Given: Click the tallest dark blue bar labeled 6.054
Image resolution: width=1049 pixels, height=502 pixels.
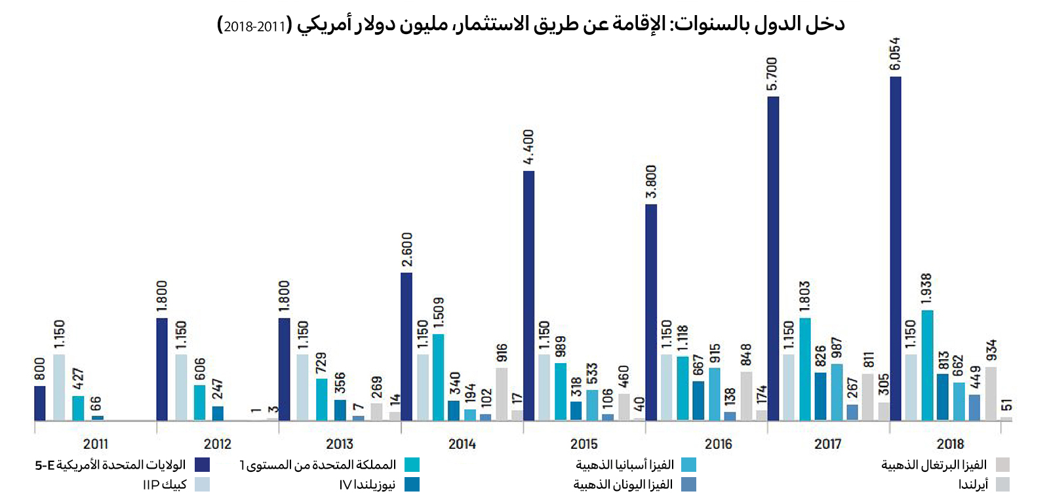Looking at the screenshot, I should click(895, 249).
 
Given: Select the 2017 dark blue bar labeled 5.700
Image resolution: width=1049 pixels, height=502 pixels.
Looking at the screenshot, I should click(773, 259).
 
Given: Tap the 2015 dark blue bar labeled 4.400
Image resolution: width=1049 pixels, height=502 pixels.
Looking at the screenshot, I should click(528, 295).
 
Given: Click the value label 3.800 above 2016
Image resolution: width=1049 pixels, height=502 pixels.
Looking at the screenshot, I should click(651, 182).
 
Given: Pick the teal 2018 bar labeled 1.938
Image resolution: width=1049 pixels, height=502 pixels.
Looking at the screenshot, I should click(927, 365).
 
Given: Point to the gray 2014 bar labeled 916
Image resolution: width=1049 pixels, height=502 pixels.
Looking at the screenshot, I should click(502, 394).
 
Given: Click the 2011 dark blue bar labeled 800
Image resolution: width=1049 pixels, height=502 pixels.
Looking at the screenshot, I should click(40, 403).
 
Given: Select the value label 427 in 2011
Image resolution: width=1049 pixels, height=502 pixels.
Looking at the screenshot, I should click(78, 379).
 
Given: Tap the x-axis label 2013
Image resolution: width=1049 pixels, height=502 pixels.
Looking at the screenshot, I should click(340, 444).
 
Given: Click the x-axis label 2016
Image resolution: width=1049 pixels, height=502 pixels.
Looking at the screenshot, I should click(718, 444).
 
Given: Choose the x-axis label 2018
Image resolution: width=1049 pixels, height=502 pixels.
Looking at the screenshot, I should click(950, 444).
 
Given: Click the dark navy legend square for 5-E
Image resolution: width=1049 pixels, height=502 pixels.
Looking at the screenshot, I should click(202, 465).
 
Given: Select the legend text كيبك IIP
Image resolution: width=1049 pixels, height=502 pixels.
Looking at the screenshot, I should click(165, 484).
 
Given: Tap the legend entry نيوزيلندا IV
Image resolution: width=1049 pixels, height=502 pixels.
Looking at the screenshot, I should click(367, 484).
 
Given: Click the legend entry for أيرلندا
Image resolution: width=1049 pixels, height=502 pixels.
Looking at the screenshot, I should click(973, 484).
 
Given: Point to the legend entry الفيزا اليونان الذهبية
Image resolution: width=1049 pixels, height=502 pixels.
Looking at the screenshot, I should click(623, 484).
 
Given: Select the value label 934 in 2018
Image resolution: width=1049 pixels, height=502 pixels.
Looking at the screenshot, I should click(991, 349).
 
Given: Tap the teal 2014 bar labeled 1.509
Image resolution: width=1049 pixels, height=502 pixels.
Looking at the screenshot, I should click(438, 377).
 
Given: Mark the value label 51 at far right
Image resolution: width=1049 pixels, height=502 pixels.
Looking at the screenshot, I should click(1006, 404).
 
